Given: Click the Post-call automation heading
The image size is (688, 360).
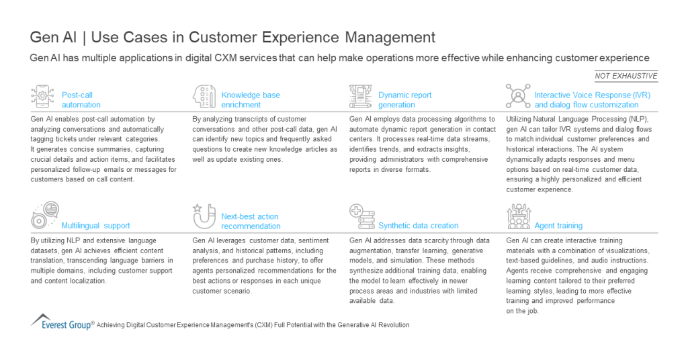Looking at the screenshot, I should (x=81, y=100).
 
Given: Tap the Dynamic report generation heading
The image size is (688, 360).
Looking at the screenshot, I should (x=404, y=100).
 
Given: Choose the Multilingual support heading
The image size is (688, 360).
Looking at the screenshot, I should (x=95, y=226).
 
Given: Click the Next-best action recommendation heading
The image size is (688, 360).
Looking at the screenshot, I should (x=250, y=221).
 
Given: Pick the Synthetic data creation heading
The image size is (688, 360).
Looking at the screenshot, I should (x=418, y=226).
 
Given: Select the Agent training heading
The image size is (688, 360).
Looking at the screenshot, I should (x=558, y=226).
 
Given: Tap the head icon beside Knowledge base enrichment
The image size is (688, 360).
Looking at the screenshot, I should (x=204, y=97).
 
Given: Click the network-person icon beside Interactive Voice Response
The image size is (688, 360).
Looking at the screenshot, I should (x=518, y=97).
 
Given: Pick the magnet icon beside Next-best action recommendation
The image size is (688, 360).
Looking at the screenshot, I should (x=203, y=216).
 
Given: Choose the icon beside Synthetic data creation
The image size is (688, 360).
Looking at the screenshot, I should (x=361, y=217).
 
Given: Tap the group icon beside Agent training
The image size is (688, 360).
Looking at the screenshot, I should (x=518, y=217).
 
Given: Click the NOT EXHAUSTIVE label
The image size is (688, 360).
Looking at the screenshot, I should (x=626, y=76).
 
